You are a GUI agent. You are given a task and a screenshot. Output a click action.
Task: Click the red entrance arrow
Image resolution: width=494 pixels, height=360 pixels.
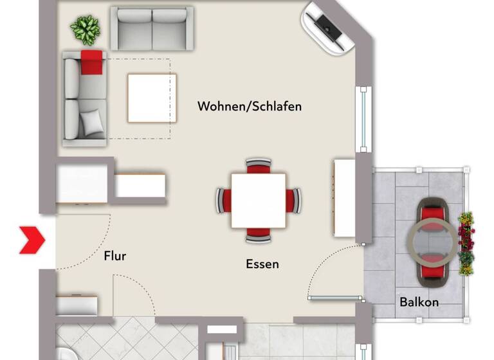click(x=31, y=240)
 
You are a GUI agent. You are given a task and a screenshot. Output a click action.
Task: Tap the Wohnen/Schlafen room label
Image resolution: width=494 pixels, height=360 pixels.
click(x=249, y=106)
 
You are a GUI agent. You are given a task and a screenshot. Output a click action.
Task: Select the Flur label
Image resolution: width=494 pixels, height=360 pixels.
click(x=115, y=256)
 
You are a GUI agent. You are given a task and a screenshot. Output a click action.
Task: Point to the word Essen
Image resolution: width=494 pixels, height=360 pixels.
click(x=262, y=264)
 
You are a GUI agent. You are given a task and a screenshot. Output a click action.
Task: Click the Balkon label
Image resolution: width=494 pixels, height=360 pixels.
click(x=419, y=301)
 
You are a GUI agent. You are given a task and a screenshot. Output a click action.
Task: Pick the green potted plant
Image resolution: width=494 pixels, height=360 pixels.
click(x=86, y=29)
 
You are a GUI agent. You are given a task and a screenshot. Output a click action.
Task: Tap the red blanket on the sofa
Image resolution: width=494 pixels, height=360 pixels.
click(x=91, y=62)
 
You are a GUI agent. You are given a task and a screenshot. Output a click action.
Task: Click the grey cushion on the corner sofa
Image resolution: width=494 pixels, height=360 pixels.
click(x=93, y=120)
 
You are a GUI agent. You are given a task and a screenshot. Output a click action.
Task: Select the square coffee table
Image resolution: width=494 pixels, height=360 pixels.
click(x=152, y=98)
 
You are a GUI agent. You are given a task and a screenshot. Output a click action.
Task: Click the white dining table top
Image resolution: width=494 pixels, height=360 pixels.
click(x=259, y=200)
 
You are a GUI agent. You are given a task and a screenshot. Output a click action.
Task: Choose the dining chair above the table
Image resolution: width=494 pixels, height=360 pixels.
click(x=259, y=166)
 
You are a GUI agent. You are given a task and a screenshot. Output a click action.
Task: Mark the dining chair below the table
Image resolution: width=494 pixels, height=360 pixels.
click(x=259, y=235)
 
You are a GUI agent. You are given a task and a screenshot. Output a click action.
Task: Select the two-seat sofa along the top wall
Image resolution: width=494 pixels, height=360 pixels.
click(x=152, y=28)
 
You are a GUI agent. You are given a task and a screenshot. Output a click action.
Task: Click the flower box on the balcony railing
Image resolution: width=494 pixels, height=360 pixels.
click(x=466, y=243)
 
